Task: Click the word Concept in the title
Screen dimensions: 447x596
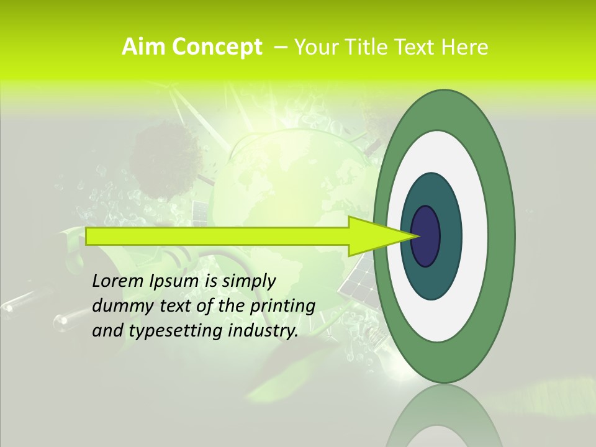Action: pyautogui.click(x=217, y=47)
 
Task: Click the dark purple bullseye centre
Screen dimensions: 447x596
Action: pyautogui.click(x=425, y=236)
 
